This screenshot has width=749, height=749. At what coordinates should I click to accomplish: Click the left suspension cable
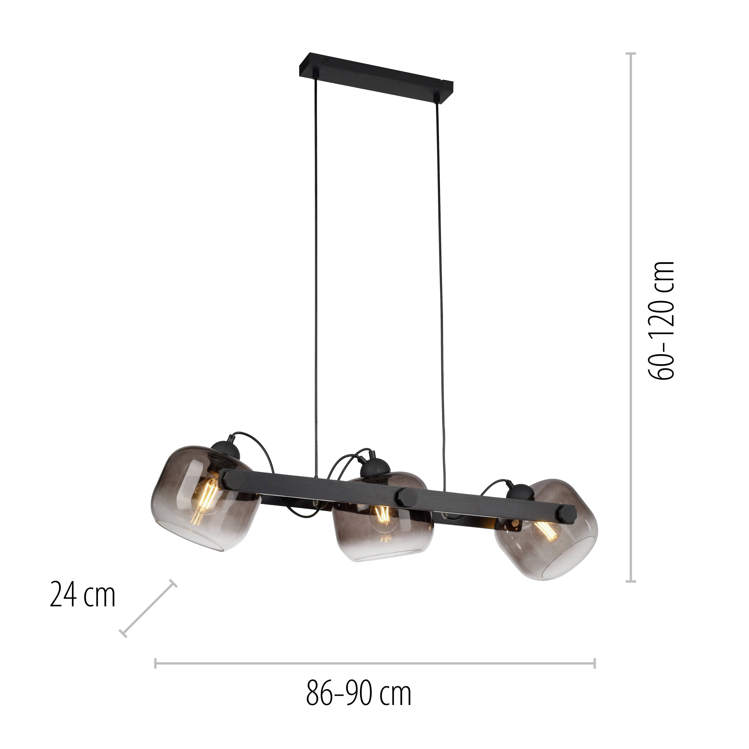coord(316,271)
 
